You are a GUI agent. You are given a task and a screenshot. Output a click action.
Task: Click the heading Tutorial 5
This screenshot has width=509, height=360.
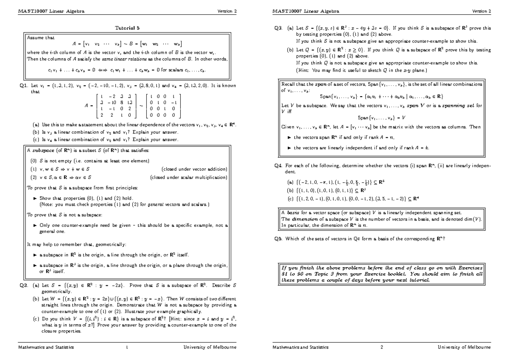tap(127, 28)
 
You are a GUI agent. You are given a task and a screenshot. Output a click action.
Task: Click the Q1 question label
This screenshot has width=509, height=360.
tap(23, 85)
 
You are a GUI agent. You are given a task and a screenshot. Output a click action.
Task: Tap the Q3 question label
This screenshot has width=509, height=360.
tap(278, 28)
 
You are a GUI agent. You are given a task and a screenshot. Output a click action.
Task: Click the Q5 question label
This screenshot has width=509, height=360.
tap(278, 238)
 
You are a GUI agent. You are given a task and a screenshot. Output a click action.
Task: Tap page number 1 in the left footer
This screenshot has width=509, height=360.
tap(127, 347)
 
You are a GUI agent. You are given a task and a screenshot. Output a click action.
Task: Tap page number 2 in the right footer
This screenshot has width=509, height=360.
tap(382, 347)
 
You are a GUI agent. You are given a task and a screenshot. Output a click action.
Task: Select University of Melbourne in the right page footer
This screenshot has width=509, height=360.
tap(464, 347)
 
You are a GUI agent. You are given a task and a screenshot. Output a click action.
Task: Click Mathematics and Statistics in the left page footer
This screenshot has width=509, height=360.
tap(46, 347)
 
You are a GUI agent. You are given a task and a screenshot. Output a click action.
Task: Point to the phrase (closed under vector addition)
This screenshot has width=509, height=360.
tap(195, 169)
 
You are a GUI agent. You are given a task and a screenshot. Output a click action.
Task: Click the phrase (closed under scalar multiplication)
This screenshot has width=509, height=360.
tap(190, 177)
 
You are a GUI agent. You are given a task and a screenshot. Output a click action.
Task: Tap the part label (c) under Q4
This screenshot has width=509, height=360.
tap(290, 198)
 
